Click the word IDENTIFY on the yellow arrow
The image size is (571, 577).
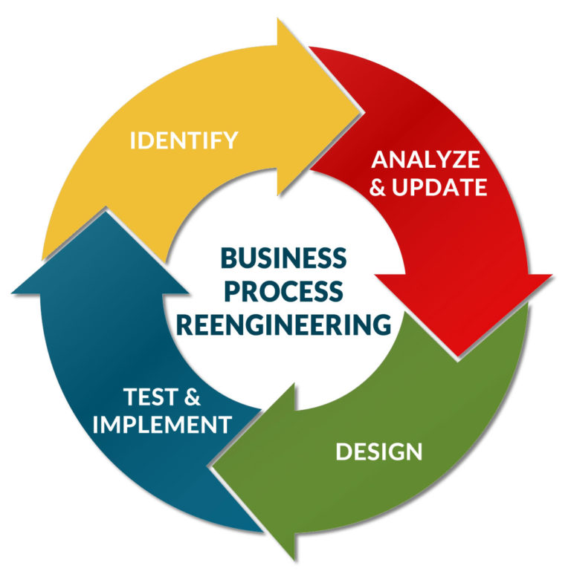(184, 140)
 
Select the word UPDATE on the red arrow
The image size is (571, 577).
(439, 187)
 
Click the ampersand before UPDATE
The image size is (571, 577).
(378, 187)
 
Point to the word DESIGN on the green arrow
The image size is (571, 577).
(378, 451)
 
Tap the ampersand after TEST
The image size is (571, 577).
(192, 398)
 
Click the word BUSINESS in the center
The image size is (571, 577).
(283, 258)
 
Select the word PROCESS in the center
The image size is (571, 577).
(283, 291)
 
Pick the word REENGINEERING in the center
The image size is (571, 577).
(283, 324)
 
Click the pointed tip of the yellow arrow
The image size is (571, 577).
(364, 113)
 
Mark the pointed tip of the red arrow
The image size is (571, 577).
(464, 355)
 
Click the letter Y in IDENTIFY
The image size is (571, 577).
(230, 140)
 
